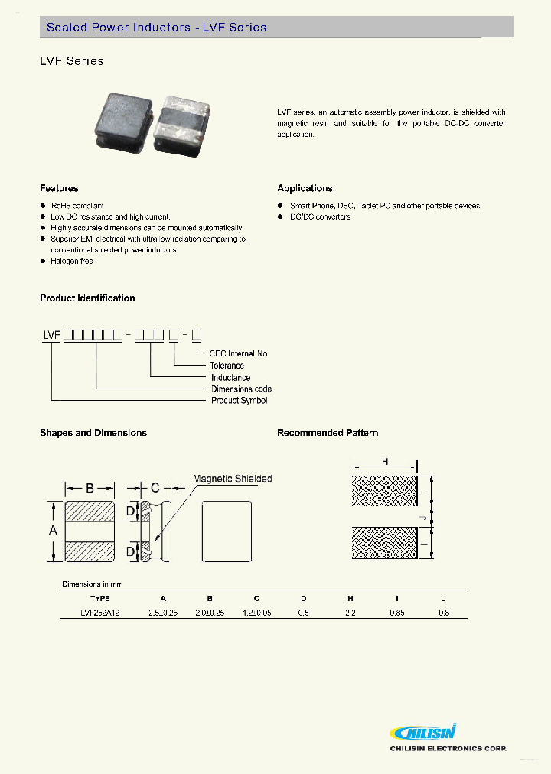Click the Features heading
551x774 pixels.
59,188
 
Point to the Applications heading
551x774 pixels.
305,188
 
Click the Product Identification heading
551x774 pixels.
87,298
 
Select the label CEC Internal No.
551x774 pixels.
240,353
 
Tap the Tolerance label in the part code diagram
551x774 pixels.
228,366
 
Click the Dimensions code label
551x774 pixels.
241,389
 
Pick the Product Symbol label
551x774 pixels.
240,400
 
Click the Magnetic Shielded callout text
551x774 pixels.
232,479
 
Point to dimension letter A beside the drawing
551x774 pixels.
53,531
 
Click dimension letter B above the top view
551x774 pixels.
90,488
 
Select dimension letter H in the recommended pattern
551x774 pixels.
385,462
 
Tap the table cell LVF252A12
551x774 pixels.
100,613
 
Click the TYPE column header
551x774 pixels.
100,598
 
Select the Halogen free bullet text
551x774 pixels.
72,262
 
